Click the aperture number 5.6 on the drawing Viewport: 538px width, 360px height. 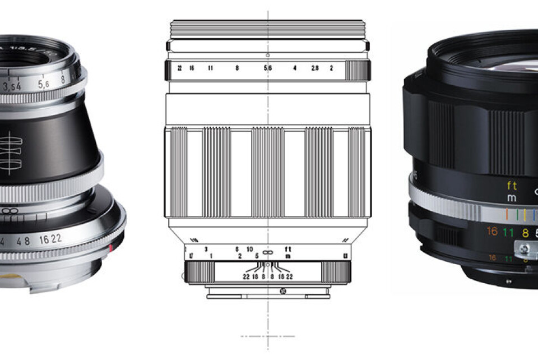point(268,68)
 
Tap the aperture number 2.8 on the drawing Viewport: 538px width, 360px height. point(315,68)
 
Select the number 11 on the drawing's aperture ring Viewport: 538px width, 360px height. point(211,68)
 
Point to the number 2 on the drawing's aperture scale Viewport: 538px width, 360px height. point(332,68)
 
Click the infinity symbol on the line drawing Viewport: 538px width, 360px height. point(268,252)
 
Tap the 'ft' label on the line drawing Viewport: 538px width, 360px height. point(288,249)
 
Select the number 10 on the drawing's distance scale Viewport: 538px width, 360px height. point(250,249)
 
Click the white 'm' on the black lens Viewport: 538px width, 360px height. point(512,199)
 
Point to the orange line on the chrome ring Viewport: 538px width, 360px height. point(507,214)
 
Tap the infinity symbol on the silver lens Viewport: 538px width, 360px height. point(7,210)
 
